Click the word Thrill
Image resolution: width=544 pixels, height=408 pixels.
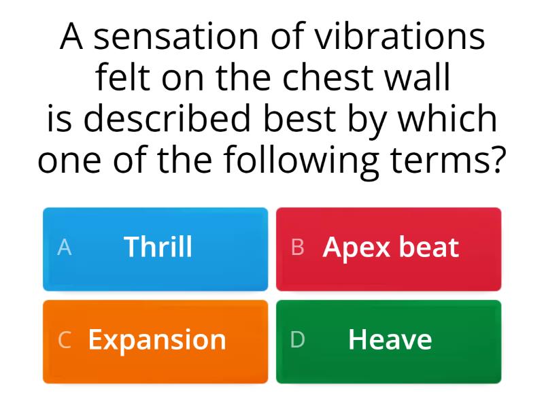tap(158, 247)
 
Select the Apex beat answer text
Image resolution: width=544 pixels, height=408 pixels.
tap(391, 248)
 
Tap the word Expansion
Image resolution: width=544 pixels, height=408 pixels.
tap(157, 339)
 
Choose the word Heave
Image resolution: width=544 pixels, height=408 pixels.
tap(390, 339)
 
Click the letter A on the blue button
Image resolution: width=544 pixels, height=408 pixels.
tap(64, 248)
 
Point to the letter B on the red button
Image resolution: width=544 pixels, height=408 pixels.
tap(297, 248)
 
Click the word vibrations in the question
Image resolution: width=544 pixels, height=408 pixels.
tap(400, 37)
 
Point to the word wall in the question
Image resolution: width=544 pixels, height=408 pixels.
tap(424, 78)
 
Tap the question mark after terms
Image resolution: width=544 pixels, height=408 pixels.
tap(498, 160)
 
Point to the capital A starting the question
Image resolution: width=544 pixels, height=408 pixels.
tap(72, 37)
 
